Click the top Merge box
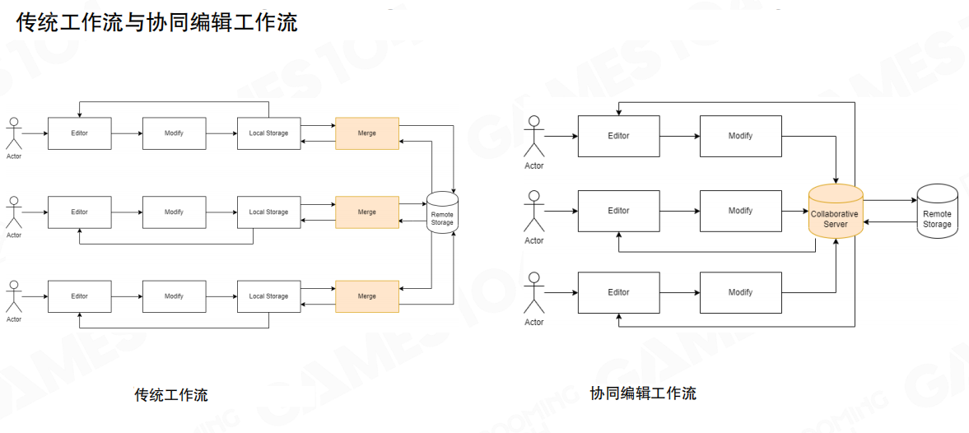(x=367, y=133)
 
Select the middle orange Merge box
(x=367, y=212)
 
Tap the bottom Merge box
(x=367, y=296)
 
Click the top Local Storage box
(x=268, y=133)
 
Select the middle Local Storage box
(x=268, y=212)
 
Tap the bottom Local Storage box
(x=268, y=296)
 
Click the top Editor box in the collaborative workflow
(x=618, y=136)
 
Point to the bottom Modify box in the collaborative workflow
(x=740, y=292)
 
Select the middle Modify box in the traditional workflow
(x=174, y=212)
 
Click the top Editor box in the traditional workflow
(x=79, y=133)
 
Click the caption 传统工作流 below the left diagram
(x=171, y=395)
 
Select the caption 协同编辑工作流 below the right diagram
(x=643, y=393)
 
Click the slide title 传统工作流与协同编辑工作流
(x=156, y=23)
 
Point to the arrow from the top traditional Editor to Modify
(x=127, y=133)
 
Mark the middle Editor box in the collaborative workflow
(x=618, y=211)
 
